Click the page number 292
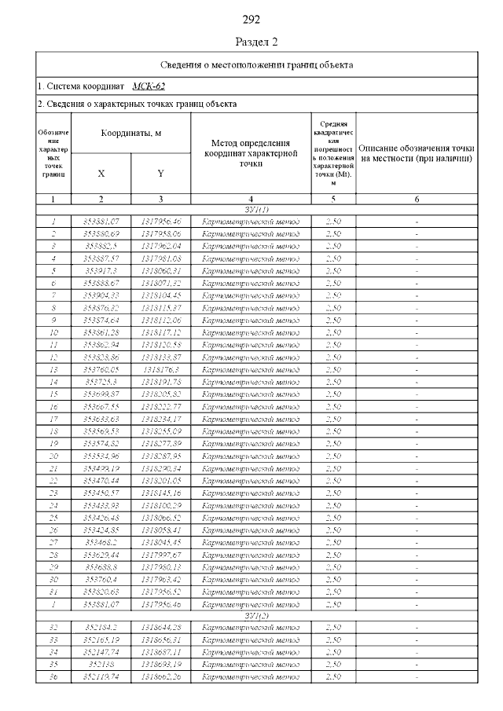pos(251,20)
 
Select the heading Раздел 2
pos(257,41)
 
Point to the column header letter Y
pos(160,173)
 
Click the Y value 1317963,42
pos(160,578)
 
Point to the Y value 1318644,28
pos(160,628)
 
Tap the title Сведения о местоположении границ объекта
pos(257,64)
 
